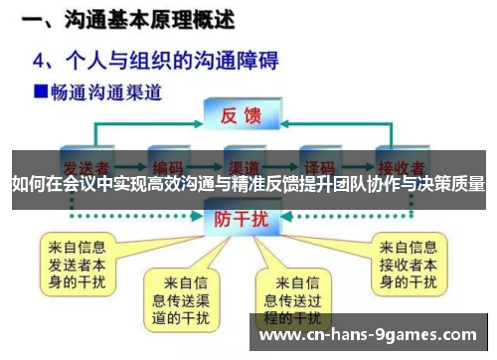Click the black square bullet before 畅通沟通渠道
click(x=40, y=92)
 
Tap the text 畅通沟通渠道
click(x=104, y=92)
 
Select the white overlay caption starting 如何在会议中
click(x=248, y=184)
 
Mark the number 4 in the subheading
click(x=41, y=60)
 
